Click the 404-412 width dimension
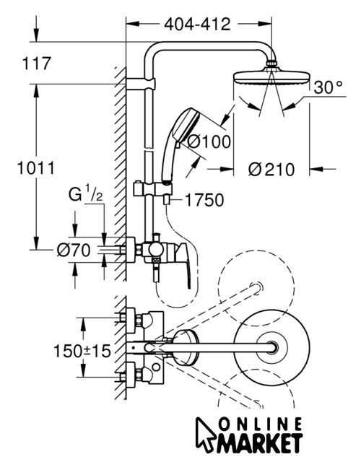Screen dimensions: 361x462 tap(197, 24)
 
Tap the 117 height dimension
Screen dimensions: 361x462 tap(37, 64)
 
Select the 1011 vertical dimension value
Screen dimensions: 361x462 tap(36, 168)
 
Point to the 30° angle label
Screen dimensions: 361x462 tap(328, 87)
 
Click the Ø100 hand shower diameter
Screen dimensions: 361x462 tap(209, 141)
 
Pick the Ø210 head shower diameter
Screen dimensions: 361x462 tap(271, 170)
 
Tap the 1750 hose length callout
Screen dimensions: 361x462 tap(204, 201)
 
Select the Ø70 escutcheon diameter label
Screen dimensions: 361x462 tap(74, 250)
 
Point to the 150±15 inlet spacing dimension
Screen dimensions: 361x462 tap(82, 352)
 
